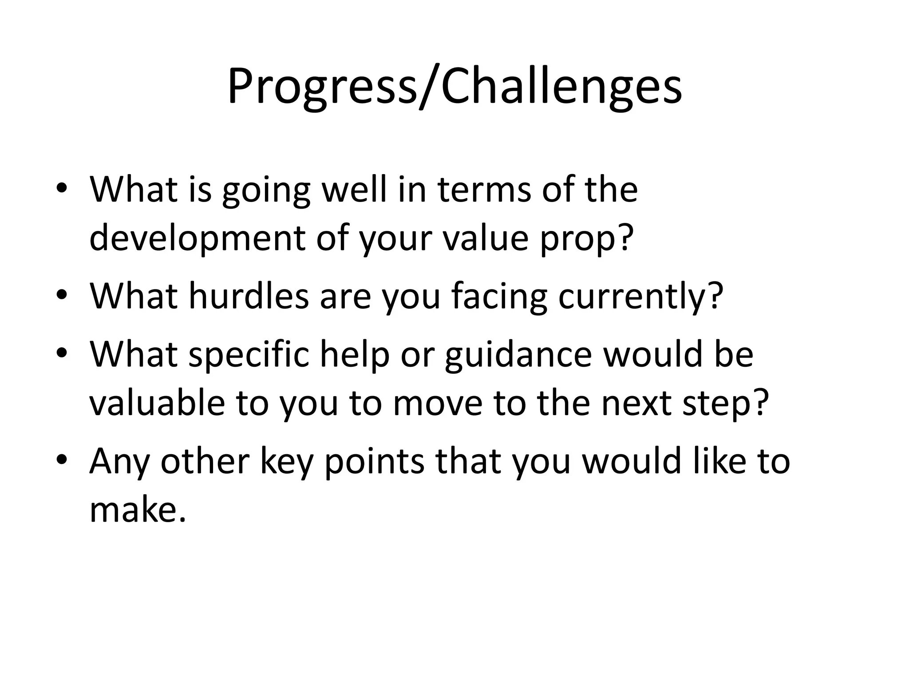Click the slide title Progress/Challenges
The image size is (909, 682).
click(x=454, y=87)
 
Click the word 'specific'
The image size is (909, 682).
click(x=249, y=355)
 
